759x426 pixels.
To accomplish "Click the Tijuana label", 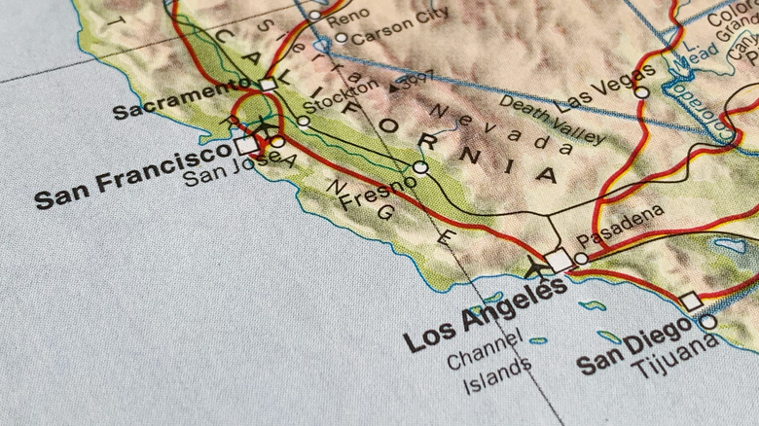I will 675,357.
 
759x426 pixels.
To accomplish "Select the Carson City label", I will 400,26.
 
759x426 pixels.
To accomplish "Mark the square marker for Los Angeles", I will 559,261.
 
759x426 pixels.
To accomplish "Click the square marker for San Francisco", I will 246,145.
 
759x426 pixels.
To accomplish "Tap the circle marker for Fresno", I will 419,167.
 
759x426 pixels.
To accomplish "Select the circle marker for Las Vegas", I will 641,92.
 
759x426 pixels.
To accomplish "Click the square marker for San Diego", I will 691,302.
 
